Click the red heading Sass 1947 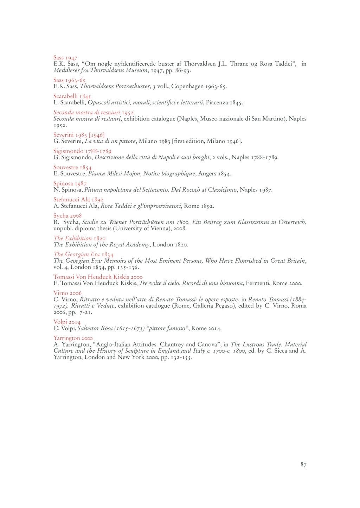pyautogui.click(x=65, y=58)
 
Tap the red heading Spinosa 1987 pyautogui.click(x=70, y=184)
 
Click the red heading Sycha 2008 pyautogui.click(x=67, y=216)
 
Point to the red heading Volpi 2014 pyautogui.click(x=67, y=322)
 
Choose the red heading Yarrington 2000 pyautogui.click(x=73, y=338)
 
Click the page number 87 pyautogui.click(x=303, y=465)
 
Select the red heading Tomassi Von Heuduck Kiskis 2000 pyautogui.click(x=98, y=277)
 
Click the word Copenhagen pyautogui.click(x=187, y=86)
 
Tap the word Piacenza pyautogui.click(x=217, y=103)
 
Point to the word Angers pyautogui.click(x=207, y=174)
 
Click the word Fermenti pyautogui.click(x=258, y=283)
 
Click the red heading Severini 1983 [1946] pyautogui.click(x=79, y=135)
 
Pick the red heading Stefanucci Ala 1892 pyautogui.click(x=78, y=200)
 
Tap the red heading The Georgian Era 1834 pyautogui.click(x=83, y=255)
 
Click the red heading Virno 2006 pyautogui.click(x=67, y=293)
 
